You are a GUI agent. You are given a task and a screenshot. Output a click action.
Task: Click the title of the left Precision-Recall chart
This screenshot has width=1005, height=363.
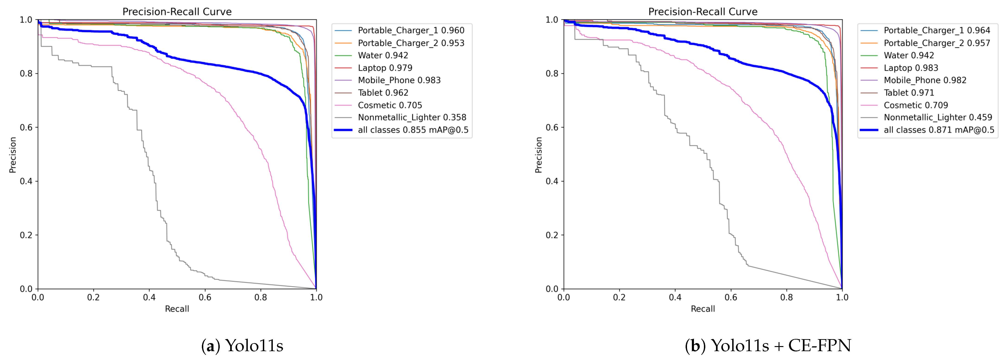pyautogui.click(x=177, y=12)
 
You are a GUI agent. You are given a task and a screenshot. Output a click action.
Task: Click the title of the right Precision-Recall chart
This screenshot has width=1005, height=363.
pyautogui.click(x=703, y=12)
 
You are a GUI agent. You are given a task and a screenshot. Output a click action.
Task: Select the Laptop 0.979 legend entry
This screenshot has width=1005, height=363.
pyautogui.click(x=385, y=68)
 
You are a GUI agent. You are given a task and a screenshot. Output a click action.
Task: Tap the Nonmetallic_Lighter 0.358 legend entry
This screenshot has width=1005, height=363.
pyautogui.click(x=412, y=118)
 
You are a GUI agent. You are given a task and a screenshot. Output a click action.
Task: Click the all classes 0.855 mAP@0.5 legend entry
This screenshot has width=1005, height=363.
pyautogui.click(x=413, y=130)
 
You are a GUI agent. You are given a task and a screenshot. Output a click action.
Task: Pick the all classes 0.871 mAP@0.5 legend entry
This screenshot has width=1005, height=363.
pyautogui.click(x=939, y=130)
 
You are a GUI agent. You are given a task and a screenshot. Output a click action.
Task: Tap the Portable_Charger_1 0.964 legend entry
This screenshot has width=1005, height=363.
pyautogui.click(x=937, y=30)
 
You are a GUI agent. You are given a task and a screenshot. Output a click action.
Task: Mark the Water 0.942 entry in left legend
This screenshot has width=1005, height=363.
pyautogui.click(x=383, y=55)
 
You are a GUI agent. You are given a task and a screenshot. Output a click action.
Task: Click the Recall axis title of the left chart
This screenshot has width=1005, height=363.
pyautogui.click(x=177, y=309)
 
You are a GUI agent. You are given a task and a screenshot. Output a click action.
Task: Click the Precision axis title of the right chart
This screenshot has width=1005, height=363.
pyautogui.click(x=538, y=155)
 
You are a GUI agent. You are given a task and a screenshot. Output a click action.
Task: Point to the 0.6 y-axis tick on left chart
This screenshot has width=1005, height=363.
pyautogui.click(x=26, y=127)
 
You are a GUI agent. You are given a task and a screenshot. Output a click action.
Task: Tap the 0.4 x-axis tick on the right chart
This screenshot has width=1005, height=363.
pyautogui.click(x=675, y=297)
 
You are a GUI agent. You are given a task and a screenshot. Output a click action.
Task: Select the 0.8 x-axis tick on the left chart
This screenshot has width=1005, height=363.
pyautogui.click(x=261, y=297)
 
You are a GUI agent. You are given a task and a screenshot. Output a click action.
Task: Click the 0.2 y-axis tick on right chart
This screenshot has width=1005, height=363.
pyautogui.click(x=552, y=235)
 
